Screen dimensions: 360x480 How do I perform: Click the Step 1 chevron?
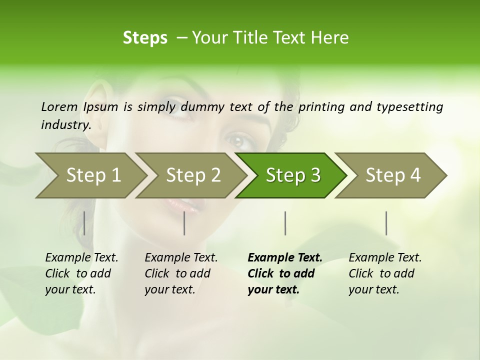tap(90, 175)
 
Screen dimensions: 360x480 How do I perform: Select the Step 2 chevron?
tap(190, 175)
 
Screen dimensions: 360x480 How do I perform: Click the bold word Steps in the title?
tap(145, 38)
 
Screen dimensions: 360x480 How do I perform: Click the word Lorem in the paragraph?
tap(59, 106)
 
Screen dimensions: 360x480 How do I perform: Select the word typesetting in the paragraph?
tap(409, 106)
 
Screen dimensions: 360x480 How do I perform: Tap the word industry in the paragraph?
tap(65, 124)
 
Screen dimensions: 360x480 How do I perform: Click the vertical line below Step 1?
tap(84, 223)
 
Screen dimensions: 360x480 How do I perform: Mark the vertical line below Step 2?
tap(184, 223)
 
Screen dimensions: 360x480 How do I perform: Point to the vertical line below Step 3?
tap(285, 223)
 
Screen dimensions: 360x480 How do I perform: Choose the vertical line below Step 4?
tap(386, 223)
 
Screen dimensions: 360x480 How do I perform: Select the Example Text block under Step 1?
tap(81, 273)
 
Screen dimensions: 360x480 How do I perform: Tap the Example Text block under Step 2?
tap(181, 273)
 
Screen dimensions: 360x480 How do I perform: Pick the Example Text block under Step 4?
tap(385, 273)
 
